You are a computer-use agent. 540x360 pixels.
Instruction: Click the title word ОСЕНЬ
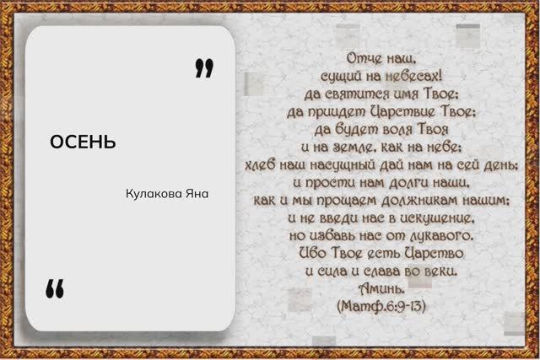pos(83,141)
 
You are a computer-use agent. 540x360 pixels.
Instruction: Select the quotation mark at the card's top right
pos(203,68)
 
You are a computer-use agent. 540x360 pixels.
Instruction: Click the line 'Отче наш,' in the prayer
pos(383,59)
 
